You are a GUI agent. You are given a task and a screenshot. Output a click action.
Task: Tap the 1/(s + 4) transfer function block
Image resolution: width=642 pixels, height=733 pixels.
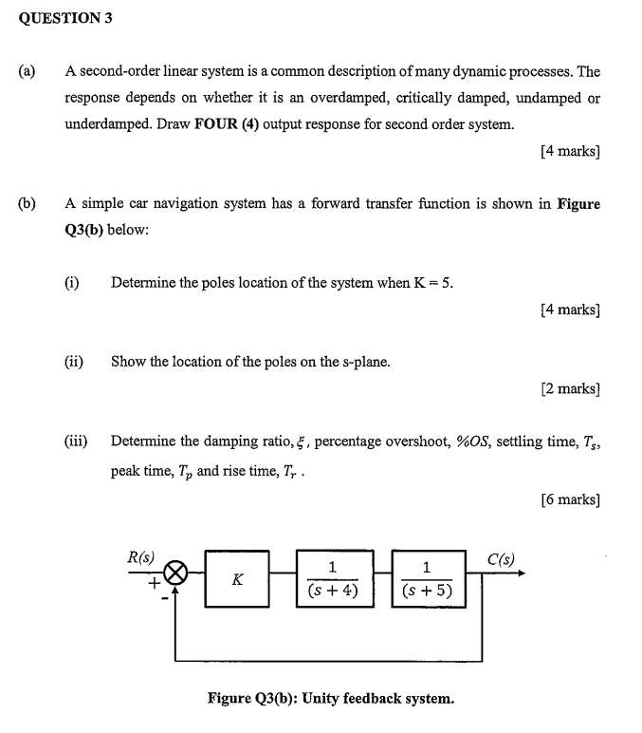[x=332, y=578]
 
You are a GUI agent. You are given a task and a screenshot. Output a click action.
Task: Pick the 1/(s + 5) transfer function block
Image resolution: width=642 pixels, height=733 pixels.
[x=427, y=578]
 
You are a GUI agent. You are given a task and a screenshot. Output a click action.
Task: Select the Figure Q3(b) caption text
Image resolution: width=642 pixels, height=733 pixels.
[x=330, y=699]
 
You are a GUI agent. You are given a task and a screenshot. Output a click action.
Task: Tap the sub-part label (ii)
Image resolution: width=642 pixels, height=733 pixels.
[x=74, y=361]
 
